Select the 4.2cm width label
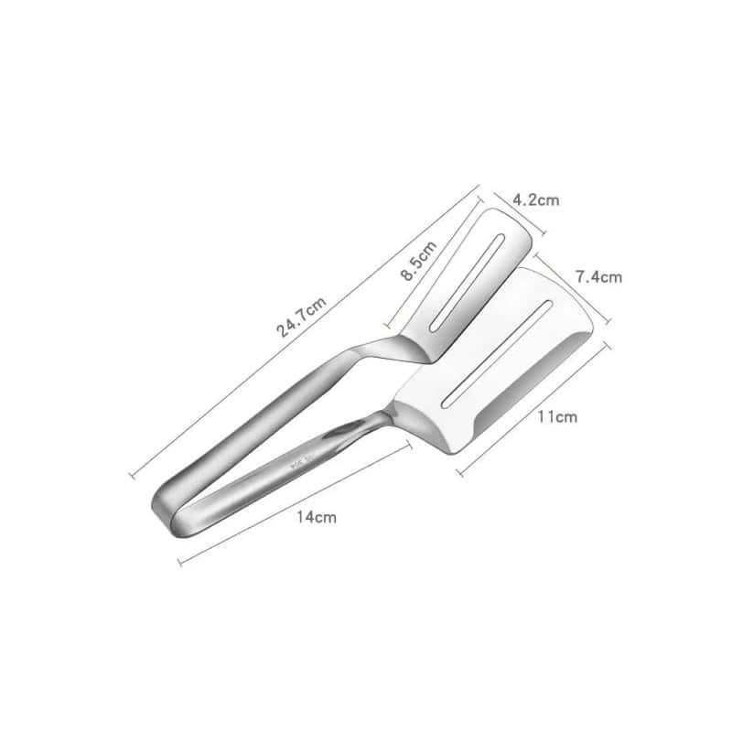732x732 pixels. click(535, 199)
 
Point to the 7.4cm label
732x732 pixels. click(598, 275)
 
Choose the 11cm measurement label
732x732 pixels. click(556, 418)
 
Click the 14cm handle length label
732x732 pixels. click(316, 518)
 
